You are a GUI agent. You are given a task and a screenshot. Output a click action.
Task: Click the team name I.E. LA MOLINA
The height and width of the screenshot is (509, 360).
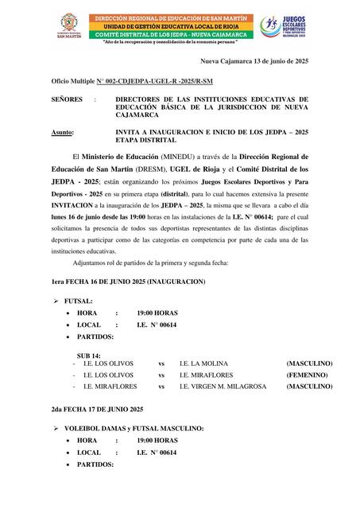click(205, 363)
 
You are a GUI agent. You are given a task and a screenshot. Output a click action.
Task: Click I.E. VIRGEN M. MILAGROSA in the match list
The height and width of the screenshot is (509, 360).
click(222, 387)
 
